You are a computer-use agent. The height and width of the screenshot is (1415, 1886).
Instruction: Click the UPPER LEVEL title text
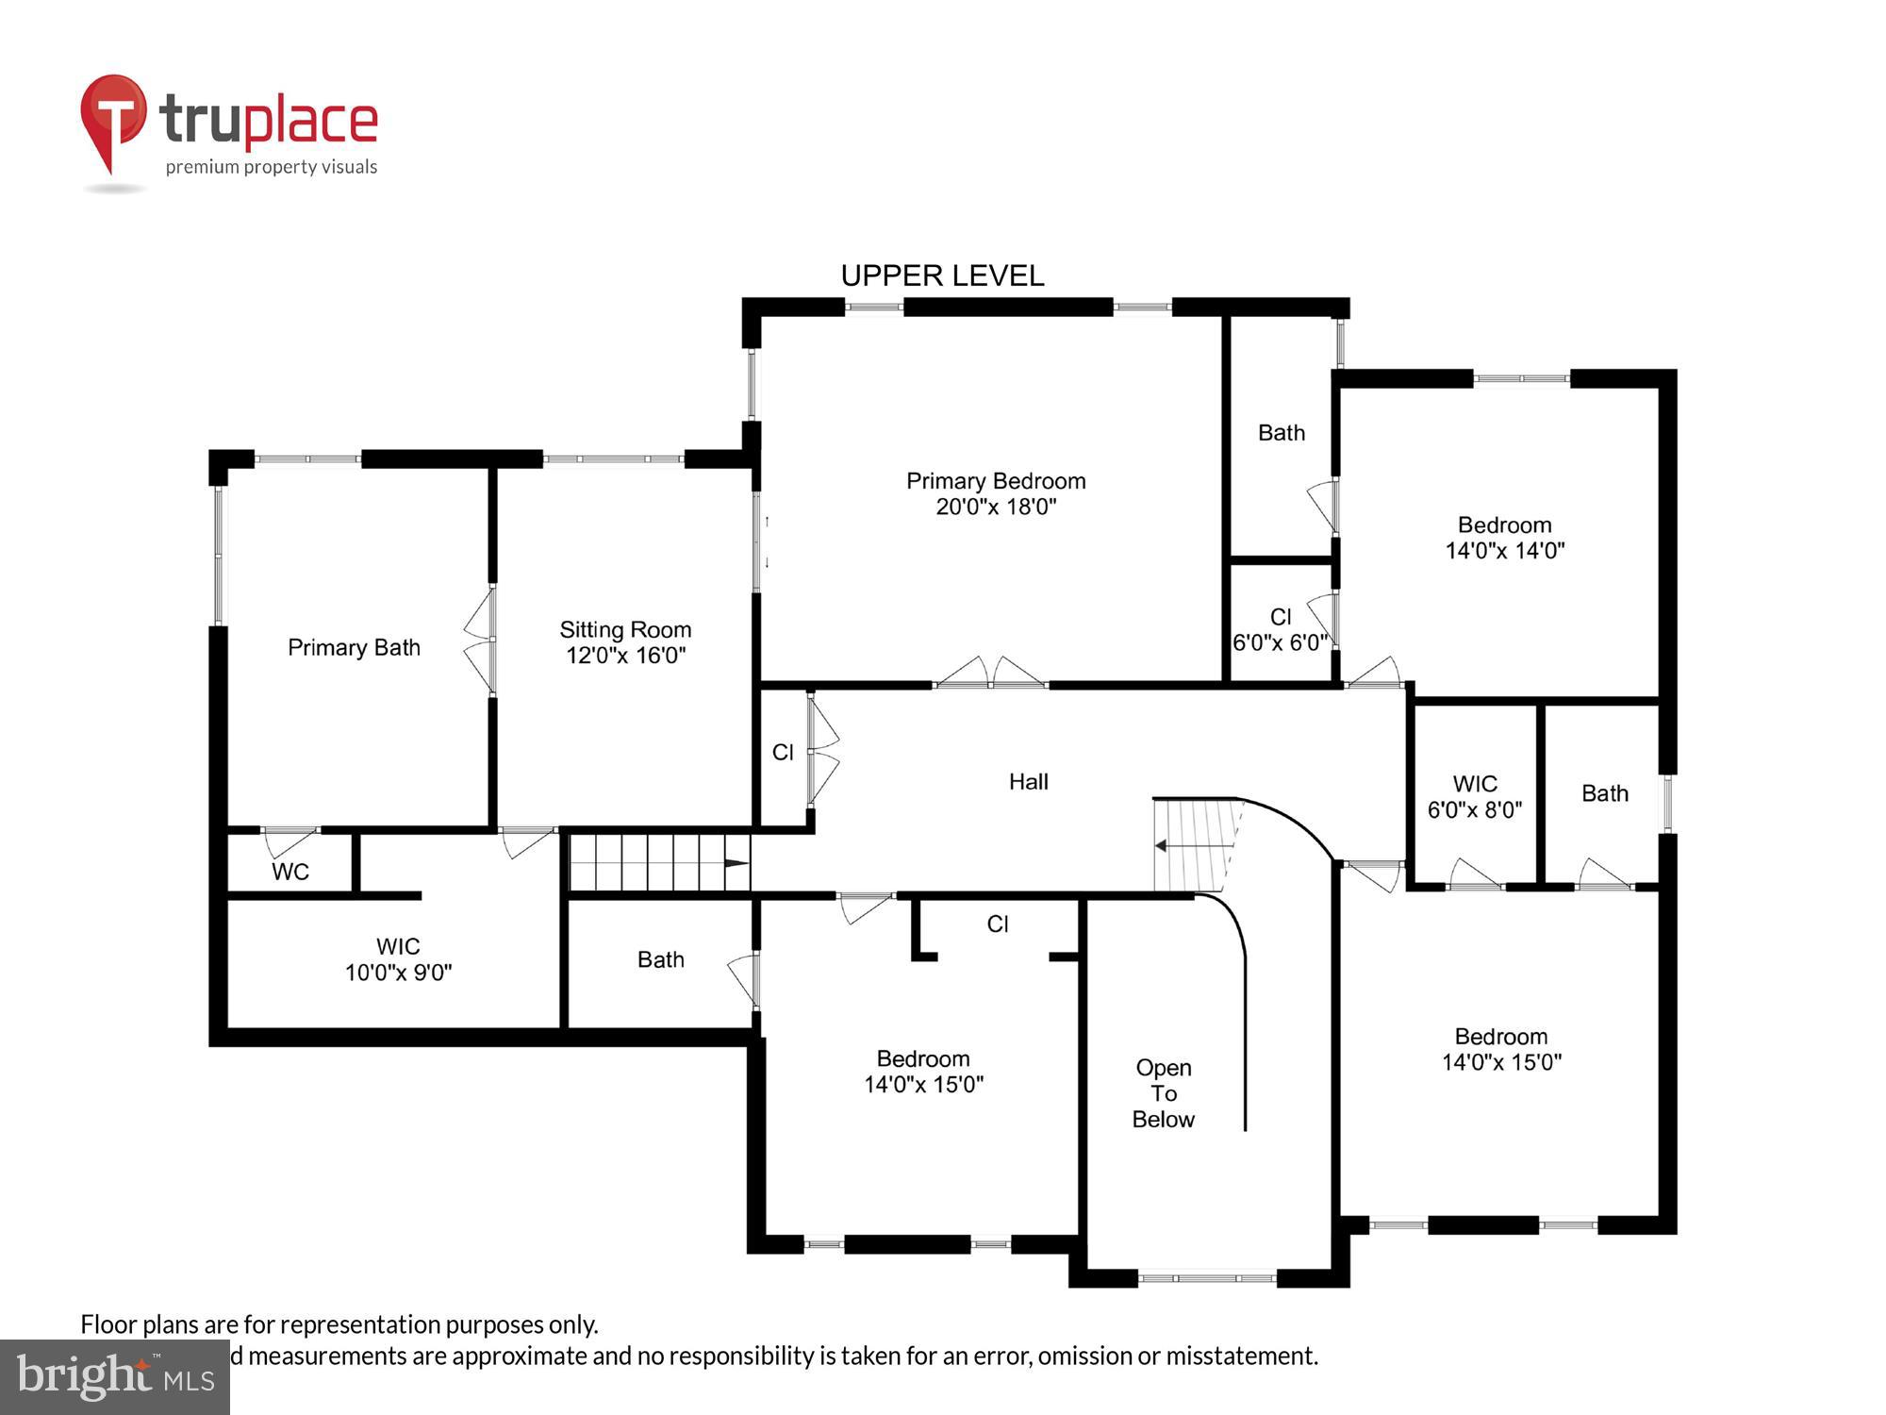coord(942,275)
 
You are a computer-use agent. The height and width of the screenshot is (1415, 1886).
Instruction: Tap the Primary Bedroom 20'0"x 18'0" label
coord(996,493)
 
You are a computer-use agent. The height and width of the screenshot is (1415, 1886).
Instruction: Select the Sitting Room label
coord(625,641)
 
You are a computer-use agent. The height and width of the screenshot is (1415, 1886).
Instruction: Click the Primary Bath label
coord(354,647)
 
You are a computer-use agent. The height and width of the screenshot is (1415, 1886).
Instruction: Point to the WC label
coord(290,872)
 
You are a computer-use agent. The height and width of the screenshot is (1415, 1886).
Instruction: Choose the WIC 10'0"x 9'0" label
coord(398,959)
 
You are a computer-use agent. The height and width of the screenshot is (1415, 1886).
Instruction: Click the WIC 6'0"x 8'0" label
coord(1475,796)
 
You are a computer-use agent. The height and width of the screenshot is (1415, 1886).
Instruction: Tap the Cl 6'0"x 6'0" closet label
coord(1280,629)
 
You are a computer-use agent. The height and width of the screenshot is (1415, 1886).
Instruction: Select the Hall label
coord(1028,781)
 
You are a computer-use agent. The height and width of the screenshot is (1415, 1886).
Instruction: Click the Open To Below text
coord(1163,1093)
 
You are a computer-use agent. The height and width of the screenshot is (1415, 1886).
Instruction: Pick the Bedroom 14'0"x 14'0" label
coord(1504,538)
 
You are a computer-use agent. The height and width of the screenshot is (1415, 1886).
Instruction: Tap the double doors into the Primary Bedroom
coord(991,673)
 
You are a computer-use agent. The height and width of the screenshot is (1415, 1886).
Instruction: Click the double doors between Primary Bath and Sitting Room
coord(480,641)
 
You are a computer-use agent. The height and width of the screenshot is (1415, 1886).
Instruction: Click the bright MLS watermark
coord(114,1377)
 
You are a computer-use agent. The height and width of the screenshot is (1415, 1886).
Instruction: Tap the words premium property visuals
coord(272,167)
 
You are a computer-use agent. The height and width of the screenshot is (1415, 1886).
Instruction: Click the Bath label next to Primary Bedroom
coord(1282,433)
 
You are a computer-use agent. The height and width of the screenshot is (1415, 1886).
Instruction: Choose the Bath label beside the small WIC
coord(1604,793)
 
